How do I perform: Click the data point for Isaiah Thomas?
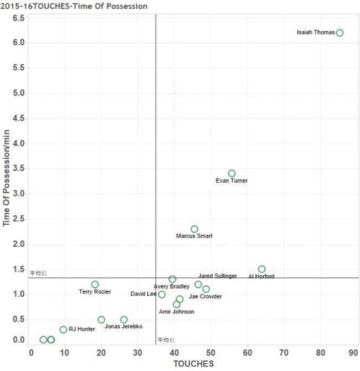coord(340,33)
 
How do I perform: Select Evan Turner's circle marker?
coord(232,173)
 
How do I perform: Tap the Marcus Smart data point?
coord(194,229)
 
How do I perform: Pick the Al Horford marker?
coord(261,269)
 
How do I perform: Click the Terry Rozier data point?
coord(95,284)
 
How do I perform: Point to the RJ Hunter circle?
coord(63,329)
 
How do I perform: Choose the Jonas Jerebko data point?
coord(124,320)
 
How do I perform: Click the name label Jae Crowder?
coord(205,297)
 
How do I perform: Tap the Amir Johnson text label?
coord(176,312)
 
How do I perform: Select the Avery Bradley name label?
coord(172,286)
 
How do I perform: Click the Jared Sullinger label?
coord(218,276)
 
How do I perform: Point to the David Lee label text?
coord(143,294)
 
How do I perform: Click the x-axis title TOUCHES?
coord(193,364)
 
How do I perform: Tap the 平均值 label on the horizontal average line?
coord(38,273)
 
